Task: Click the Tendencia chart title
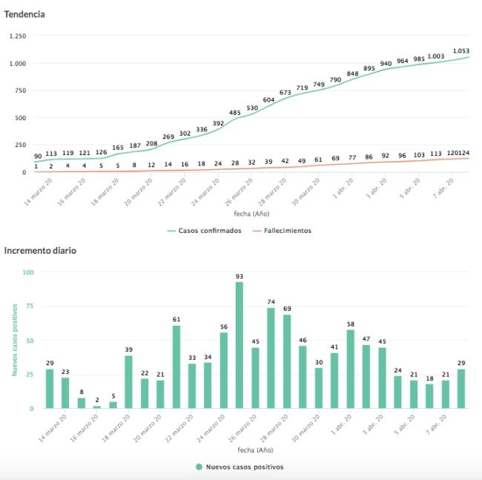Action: tap(25, 13)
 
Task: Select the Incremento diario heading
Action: tap(39, 250)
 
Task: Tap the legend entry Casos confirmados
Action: tap(209, 231)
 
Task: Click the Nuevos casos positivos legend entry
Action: tap(240, 467)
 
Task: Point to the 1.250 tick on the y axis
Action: tap(16, 36)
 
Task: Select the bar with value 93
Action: tap(239, 345)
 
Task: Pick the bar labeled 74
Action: tap(271, 358)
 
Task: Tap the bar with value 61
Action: tap(176, 366)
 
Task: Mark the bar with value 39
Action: tap(128, 381)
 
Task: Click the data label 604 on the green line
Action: tap(268, 99)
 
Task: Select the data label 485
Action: tap(235, 113)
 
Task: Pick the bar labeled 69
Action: tap(286, 361)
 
